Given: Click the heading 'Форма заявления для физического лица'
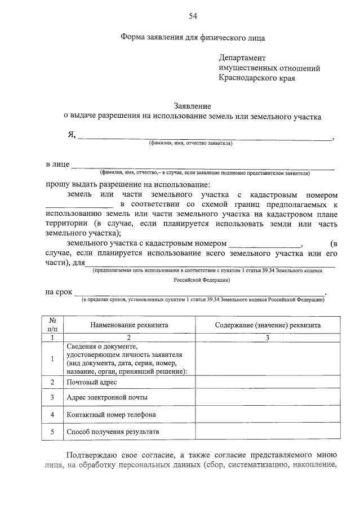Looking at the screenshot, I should (x=192, y=38).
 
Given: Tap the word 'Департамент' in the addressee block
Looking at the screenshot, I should (x=242, y=58).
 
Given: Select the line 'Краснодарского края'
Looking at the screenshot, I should (x=256, y=78).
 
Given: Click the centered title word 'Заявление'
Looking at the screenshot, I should (x=192, y=107).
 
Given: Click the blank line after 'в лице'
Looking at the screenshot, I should (x=203, y=166).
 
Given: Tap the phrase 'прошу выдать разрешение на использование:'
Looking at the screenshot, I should (x=128, y=184).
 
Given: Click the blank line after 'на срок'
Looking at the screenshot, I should (x=200, y=293).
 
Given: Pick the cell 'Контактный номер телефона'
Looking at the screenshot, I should (x=111, y=415).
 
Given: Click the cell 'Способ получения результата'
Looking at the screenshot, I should (x=113, y=432).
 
